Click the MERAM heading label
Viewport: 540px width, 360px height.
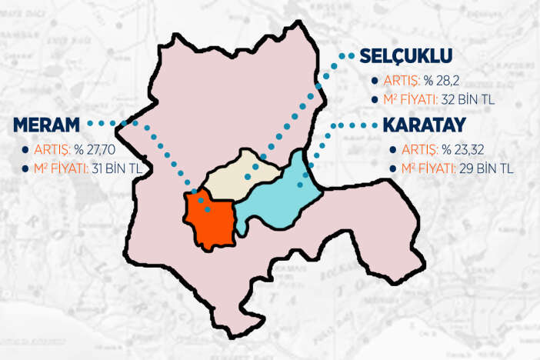(45, 125)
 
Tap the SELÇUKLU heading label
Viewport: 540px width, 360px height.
(405, 56)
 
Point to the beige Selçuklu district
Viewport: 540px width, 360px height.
(238, 173)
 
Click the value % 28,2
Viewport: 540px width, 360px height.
(433, 79)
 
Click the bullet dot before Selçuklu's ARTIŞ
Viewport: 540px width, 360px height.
(374, 80)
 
